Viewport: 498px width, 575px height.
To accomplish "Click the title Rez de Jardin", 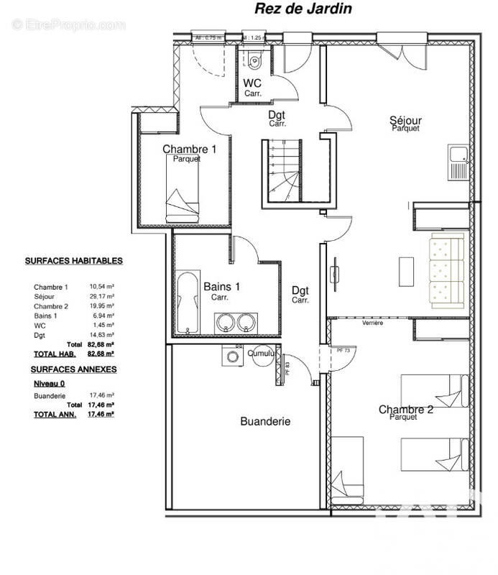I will tap(292, 9).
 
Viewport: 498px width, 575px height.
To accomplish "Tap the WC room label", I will tap(252, 83).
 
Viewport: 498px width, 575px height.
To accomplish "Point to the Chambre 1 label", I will tap(189, 149).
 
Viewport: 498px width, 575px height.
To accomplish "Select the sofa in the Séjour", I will tap(446, 270).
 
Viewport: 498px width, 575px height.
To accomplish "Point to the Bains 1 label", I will tap(222, 286).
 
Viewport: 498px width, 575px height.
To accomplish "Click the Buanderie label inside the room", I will tap(265, 422).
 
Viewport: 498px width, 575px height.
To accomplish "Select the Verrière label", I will tap(372, 323).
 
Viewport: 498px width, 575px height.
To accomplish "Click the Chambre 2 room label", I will tap(406, 410).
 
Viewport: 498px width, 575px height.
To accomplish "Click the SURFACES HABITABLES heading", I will tap(74, 261).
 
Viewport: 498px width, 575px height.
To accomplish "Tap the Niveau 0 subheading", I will tap(50, 383).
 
